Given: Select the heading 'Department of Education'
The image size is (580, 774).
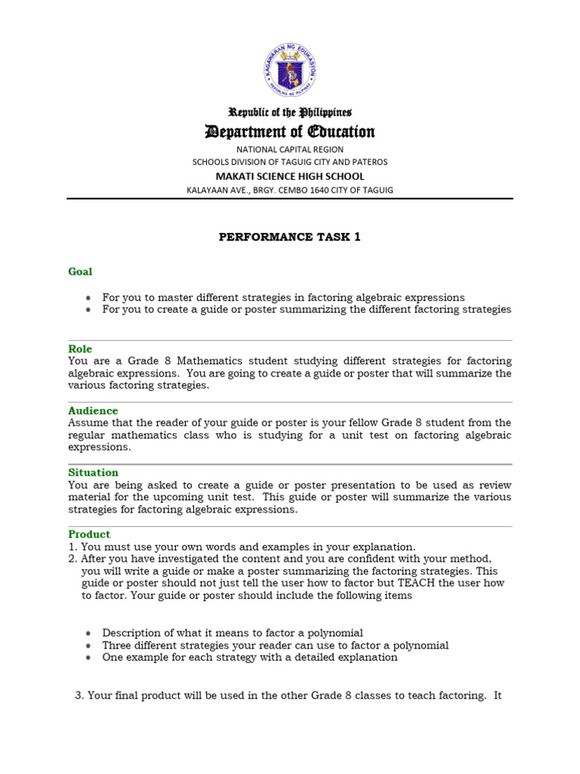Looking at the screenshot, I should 290,132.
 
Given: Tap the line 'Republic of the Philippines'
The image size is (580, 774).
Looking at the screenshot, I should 290,112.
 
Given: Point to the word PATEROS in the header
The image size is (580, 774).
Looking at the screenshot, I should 368,162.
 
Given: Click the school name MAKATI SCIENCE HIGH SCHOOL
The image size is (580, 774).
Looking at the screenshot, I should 290,176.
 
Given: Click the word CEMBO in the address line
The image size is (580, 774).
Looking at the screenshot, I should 291,190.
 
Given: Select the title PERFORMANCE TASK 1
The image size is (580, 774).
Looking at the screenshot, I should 290,237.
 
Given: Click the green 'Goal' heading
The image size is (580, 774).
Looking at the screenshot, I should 80,271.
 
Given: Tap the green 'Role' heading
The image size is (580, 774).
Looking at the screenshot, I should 80,348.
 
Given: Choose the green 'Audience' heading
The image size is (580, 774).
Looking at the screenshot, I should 93,410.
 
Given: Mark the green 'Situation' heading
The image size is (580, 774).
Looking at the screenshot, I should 93,472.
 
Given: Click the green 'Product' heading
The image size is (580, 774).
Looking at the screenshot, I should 89,534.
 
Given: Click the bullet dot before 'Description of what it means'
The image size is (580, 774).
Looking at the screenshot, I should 88,633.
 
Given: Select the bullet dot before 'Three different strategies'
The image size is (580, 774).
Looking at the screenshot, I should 88,646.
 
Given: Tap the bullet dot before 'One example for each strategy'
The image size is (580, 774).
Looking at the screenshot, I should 88,658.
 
